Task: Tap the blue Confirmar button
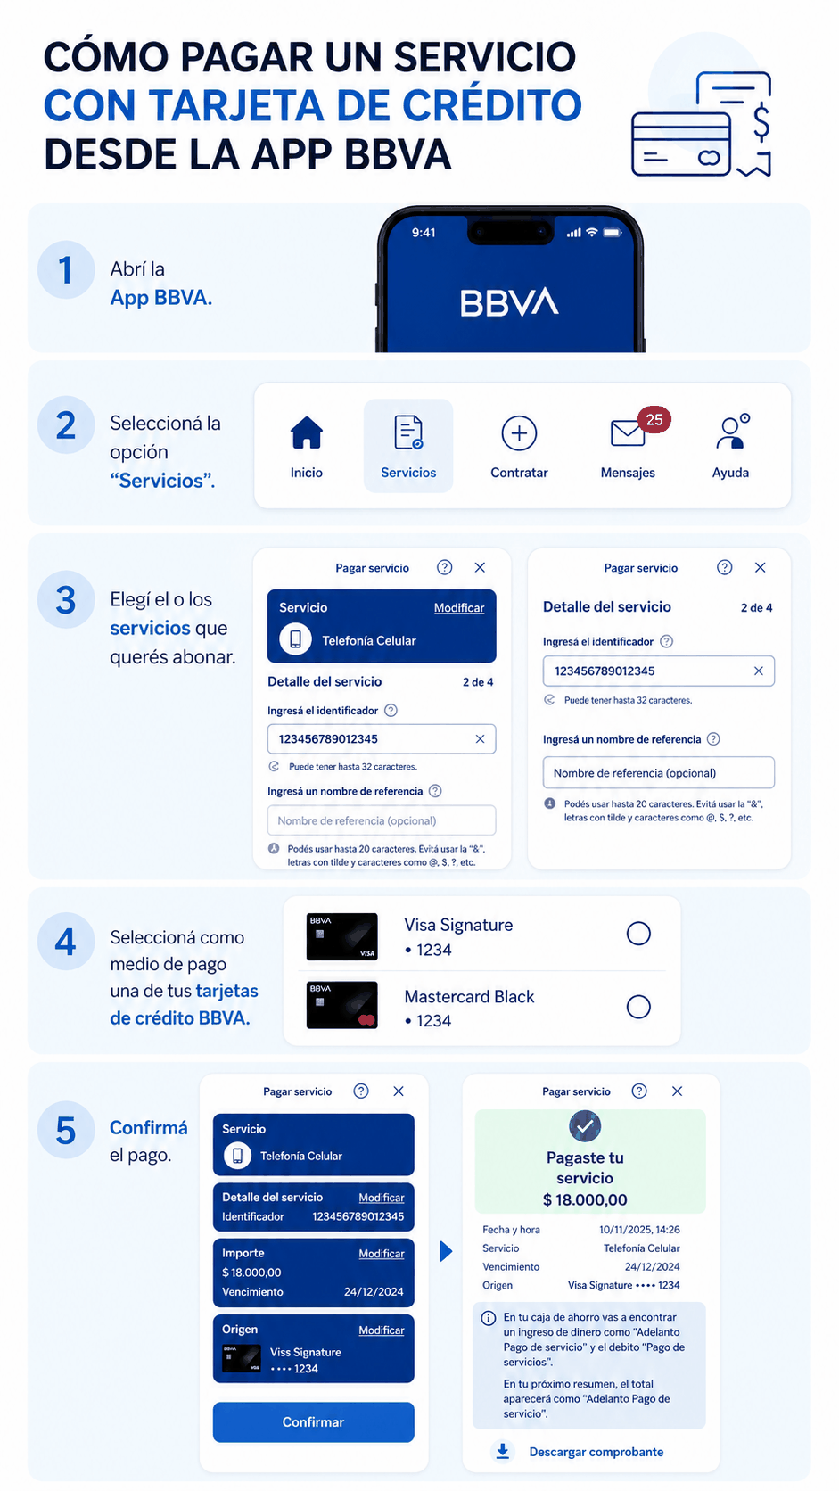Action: coord(313,1421)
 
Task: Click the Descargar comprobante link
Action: coord(596,1452)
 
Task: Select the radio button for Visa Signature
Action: coord(638,933)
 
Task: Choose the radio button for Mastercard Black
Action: coord(638,1007)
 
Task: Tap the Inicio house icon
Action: coord(307,432)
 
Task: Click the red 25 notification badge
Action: coord(654,419)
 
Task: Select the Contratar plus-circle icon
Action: coord(519,433)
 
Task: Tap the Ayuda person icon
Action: coord(732,432)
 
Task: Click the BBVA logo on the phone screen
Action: coord(509,302)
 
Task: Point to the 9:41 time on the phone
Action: coord(424,233)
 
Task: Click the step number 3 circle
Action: coord(66,600)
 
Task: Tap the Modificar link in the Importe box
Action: coord(382,1254)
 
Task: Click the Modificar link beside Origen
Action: coord(382,1330)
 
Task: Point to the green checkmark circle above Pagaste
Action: coord(585,1126)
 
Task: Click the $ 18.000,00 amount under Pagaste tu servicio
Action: coord(585,1199)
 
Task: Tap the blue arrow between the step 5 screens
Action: coord(446,1251)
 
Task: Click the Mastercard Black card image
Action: coord(342,1004)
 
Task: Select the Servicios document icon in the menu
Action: coord(408,432)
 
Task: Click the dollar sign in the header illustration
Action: coord(761,122)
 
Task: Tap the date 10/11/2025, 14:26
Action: coord(639,1230)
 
